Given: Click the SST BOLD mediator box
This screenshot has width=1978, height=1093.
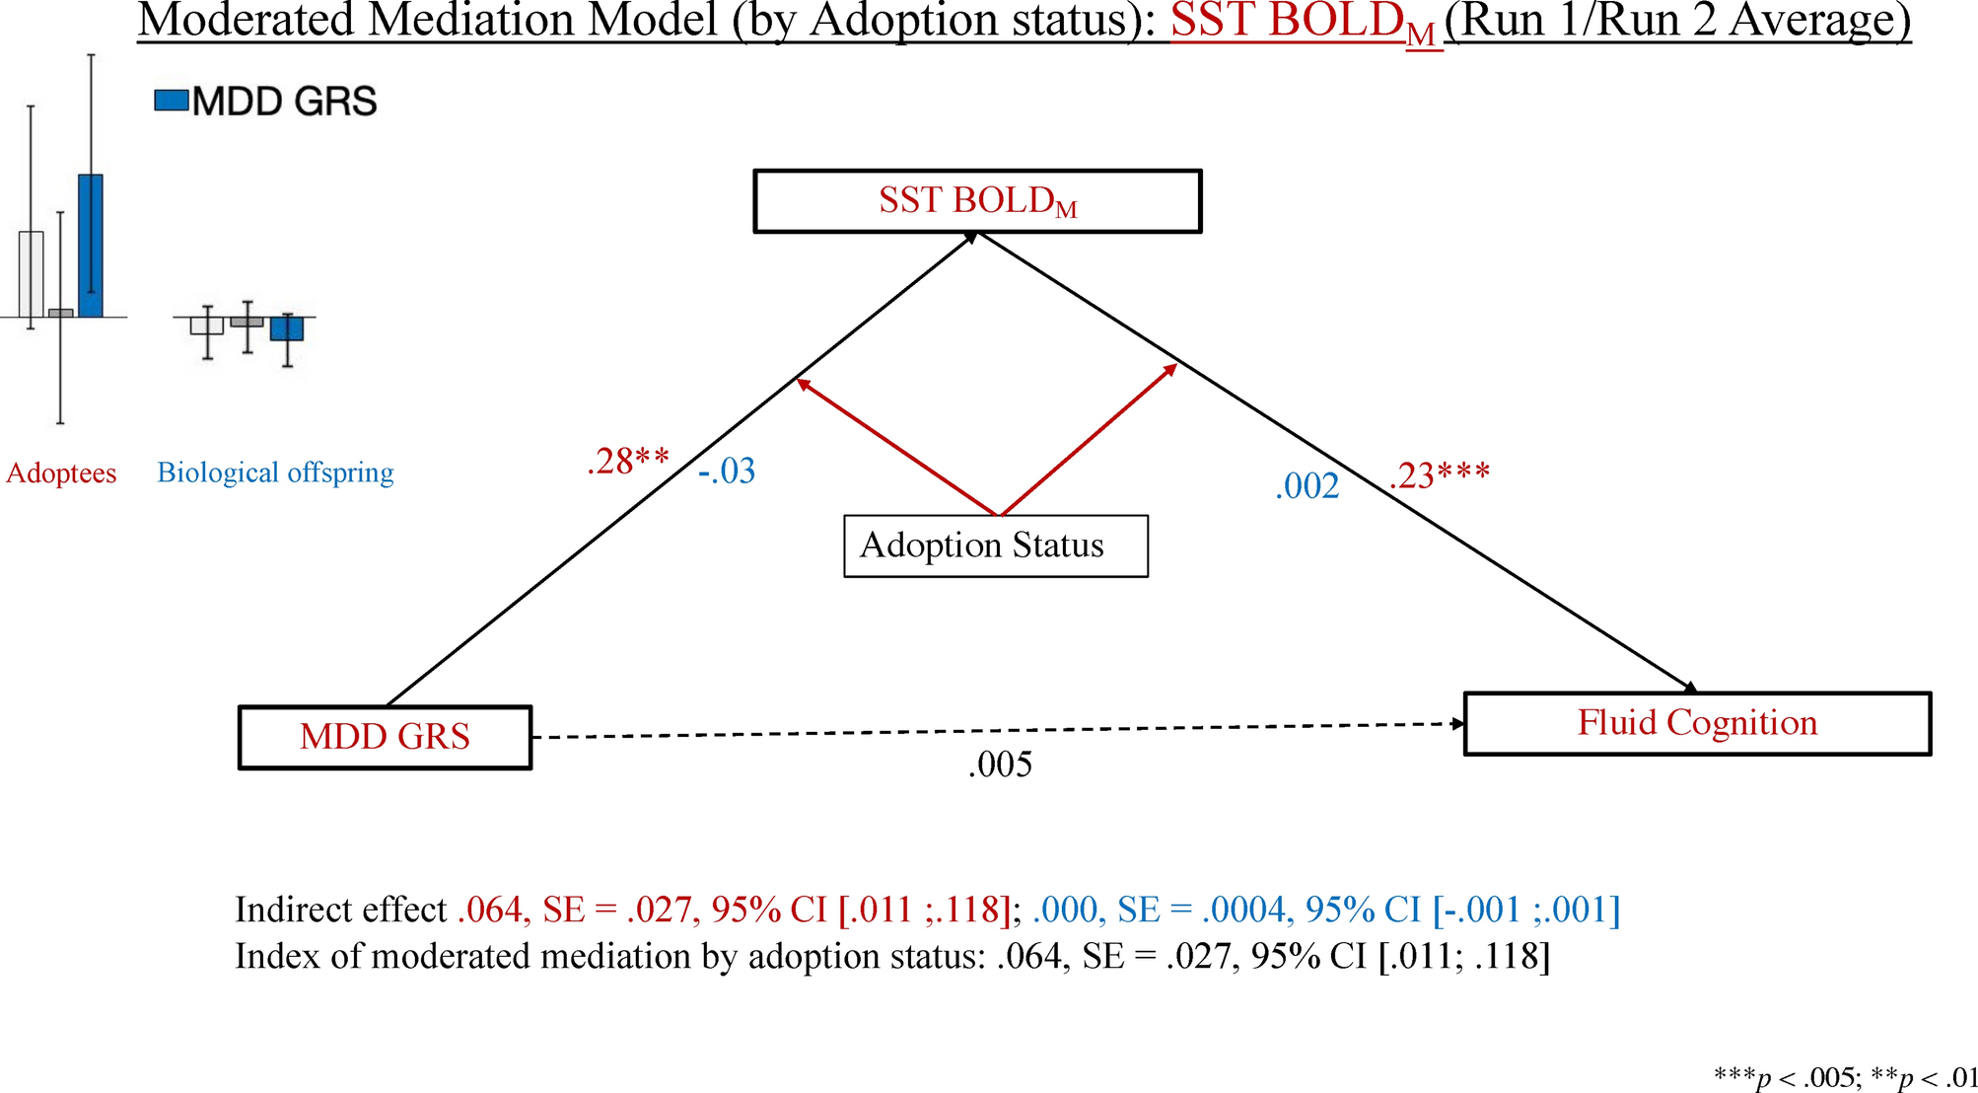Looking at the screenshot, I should [977, 201].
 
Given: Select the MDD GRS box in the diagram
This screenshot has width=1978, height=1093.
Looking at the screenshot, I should [385, 737].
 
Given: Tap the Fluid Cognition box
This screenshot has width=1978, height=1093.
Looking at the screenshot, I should [1697, 723].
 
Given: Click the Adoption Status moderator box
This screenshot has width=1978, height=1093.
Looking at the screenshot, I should [995, 546].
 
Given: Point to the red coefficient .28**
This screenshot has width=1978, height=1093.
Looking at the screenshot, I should [627, 462].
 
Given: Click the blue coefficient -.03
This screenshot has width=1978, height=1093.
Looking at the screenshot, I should [727, 472].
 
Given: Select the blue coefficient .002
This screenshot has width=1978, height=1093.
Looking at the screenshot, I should [1307, 486].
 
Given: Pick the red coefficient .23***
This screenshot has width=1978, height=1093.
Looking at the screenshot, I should [1439, 476].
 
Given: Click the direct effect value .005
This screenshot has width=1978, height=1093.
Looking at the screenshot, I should [1000, 765].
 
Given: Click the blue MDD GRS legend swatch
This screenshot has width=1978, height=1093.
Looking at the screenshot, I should [172, 101].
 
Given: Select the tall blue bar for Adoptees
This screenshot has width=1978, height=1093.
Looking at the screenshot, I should [91, 246].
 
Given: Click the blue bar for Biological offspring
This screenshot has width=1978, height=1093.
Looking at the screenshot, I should [287, 328].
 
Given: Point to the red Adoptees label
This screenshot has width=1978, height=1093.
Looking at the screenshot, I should [61, 474].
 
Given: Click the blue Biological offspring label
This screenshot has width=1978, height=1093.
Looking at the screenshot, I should [275, 473].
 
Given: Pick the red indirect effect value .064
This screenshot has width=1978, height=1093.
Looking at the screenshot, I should [490, 910].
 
